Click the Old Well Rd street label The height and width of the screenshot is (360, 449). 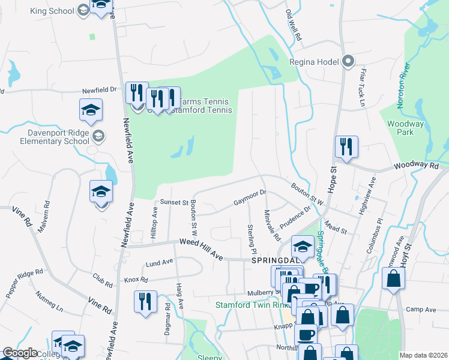pos(294,25)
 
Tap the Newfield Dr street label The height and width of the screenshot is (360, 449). pos(100,89)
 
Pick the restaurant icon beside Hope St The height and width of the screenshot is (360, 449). pos(346,146)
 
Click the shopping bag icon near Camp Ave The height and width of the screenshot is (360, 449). pos(393,278)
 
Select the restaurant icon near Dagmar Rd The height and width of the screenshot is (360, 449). pos(146,301)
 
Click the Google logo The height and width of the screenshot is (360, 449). pos(19,353)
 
